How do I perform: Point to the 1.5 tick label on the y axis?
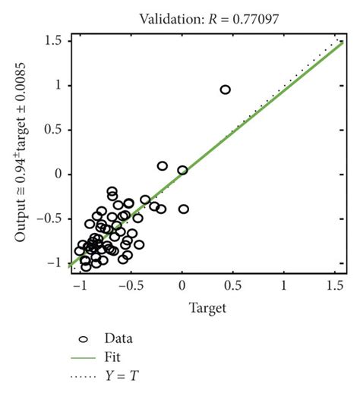(51, 41)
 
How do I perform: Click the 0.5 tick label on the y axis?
(51, 130)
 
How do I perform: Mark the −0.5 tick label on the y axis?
(48, 219)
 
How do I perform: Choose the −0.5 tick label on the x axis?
(129, 286)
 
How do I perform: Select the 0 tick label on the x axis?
(182, 286)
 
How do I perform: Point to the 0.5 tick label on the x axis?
(233, 286)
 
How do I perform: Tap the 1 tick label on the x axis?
(284, 286)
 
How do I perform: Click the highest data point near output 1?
(225, 90)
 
